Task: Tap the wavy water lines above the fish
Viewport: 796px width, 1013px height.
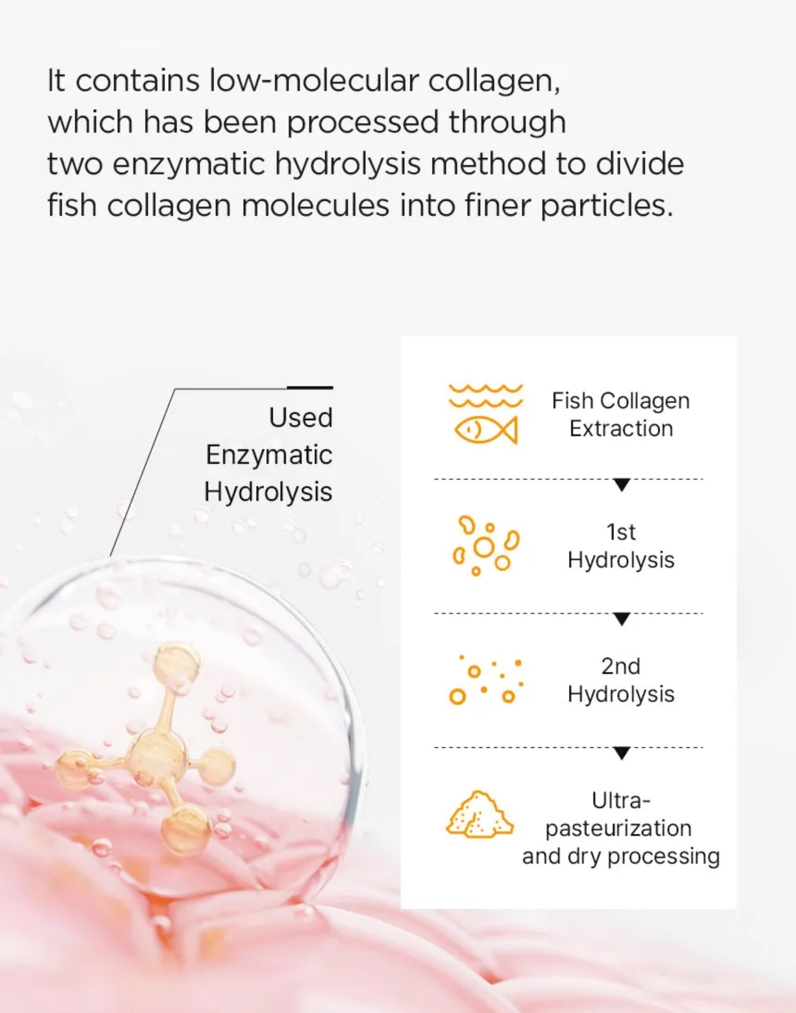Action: [486, 395]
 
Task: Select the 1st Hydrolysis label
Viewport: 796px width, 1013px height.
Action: [621, 546]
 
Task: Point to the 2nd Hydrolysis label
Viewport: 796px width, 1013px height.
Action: [621, 680]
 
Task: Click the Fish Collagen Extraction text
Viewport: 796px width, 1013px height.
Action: [621, 415]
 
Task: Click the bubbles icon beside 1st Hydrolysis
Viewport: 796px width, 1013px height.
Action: [486, 546]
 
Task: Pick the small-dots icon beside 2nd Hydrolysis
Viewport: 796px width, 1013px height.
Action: [486, 680]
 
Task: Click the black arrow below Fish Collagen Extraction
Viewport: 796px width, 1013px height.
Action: [622, 485]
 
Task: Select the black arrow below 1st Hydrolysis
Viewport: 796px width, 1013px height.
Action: [622, 619]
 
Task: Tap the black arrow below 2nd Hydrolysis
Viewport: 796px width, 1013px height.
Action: [622, 753]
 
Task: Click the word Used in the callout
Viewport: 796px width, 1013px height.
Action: [301, 418]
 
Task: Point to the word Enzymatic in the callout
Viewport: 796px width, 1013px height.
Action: [269, 455]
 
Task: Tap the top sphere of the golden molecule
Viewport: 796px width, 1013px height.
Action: [176, 663]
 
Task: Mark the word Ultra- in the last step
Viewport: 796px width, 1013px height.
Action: [621, 801]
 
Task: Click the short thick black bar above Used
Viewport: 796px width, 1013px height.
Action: [310, 387]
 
